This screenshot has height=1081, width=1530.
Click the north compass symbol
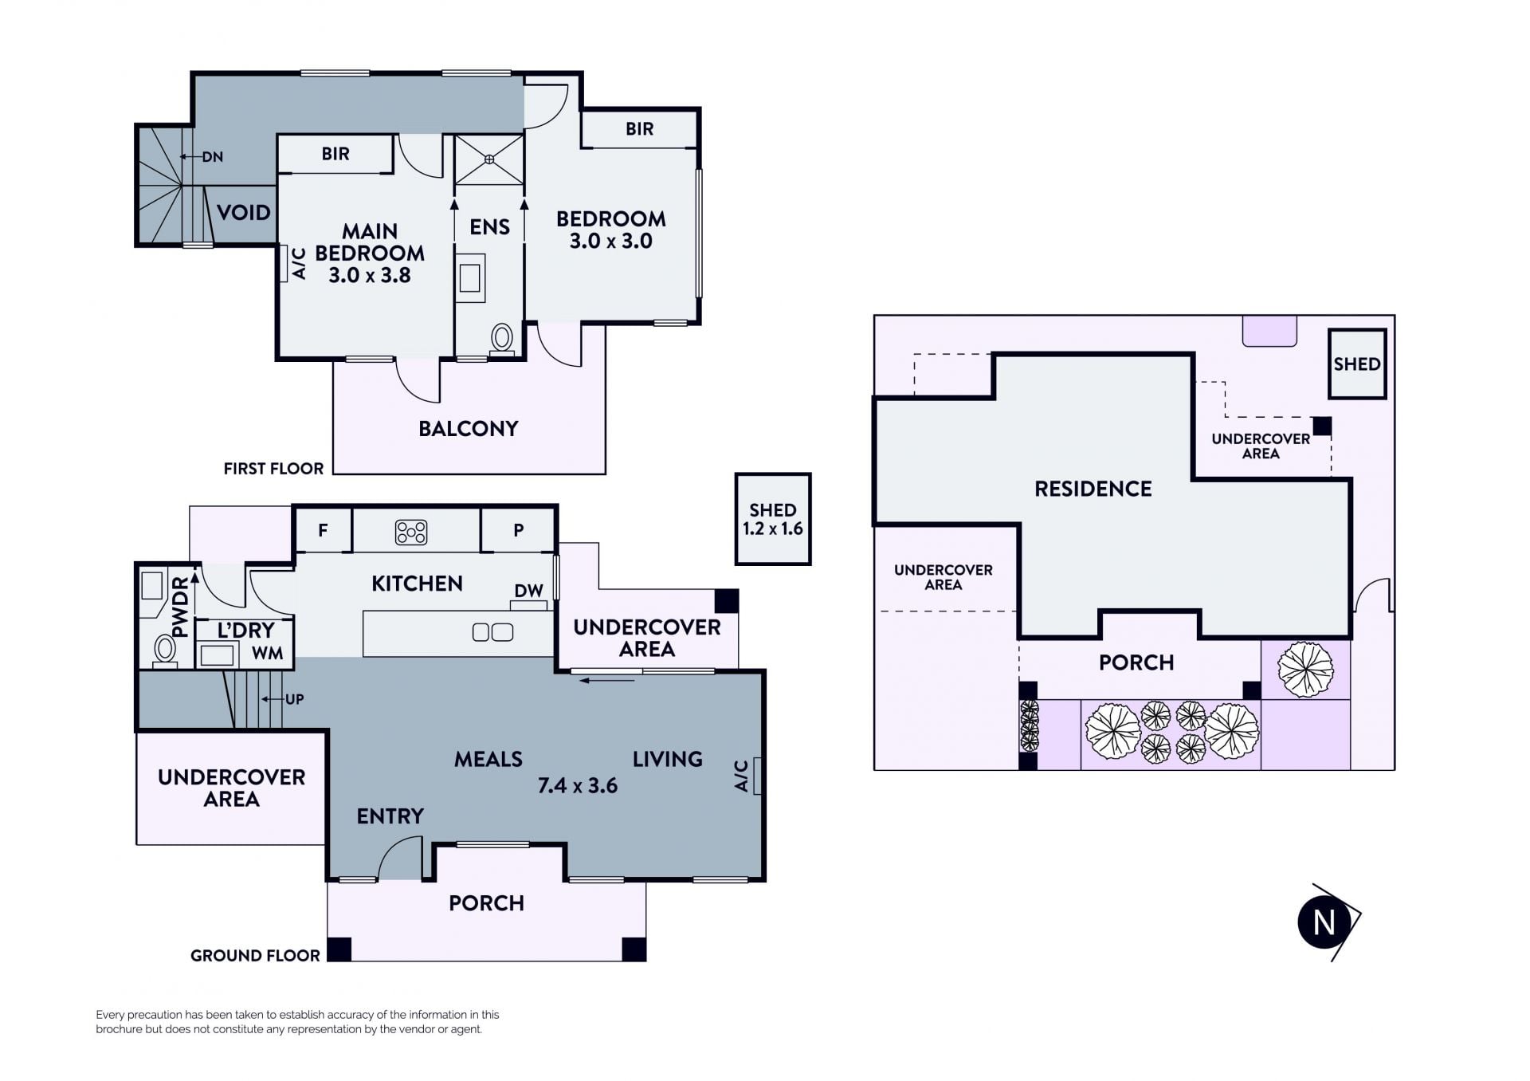point(1327,922)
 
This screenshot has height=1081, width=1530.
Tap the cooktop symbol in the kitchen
point(411,532)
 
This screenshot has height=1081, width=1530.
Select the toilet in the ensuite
point(502,338)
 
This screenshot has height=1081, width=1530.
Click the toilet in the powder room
point(165,650)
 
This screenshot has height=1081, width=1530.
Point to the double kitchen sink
point(492,632)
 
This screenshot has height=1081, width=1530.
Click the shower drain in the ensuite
point(489,159)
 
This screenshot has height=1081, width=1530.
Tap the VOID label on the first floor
point(244,213)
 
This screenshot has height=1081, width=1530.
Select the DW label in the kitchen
point(528,591)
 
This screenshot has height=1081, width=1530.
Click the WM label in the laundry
point(268,654)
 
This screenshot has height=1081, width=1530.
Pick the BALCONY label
point(469,429)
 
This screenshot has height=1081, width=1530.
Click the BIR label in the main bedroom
point(335,154)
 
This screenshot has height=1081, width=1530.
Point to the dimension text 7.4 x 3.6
point(578,786)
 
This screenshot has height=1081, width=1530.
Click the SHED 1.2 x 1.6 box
point(773,519)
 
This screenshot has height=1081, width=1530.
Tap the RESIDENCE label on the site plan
point(1093,489)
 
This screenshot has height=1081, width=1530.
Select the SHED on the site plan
point(1357,364)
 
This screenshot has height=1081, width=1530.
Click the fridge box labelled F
point(323,530)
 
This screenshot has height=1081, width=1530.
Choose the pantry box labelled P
point(518,530)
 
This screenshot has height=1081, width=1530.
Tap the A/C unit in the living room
point(757,776)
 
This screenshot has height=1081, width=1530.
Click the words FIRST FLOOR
point(273,469)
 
